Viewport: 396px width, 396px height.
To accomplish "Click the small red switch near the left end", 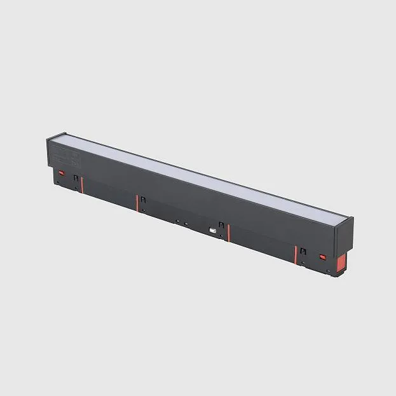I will pyautogui.click(x=62, y=172).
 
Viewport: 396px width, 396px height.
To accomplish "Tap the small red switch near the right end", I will pyautogui.click(x=322, y=257).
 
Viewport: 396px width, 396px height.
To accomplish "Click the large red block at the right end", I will pyautogui.click(x=342, y=263).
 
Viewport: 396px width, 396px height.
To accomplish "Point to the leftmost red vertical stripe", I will pyautogui.click(x=82, y=184).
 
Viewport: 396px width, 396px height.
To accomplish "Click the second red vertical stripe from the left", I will pyautogui.click(x=137, y=203).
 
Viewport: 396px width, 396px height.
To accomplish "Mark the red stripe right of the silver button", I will pyautogui.click(x=228, y=233).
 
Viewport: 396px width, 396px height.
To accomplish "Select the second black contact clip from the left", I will pyautogui.click(x=143, y=200).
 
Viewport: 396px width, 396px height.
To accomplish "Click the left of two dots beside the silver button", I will pyautogui.click(x=177, y=221).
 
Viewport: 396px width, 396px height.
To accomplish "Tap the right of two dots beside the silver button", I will pyautogui.click(x=186, y=224).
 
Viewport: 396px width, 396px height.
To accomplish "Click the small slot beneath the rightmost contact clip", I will pyautogui.click(x=304, y=263).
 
